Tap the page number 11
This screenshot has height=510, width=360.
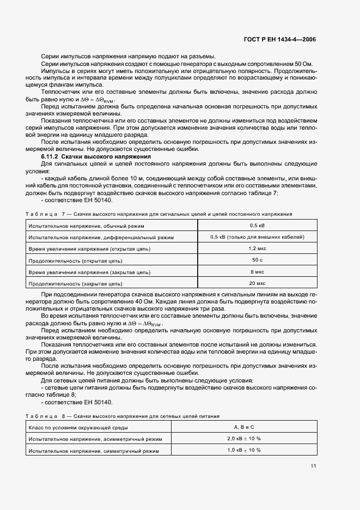(313, 466)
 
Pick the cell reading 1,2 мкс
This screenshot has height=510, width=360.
(257, 248)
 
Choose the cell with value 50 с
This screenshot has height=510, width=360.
(257, 260)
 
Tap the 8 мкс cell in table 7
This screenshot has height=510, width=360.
(257, 271)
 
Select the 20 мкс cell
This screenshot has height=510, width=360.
(257, 283)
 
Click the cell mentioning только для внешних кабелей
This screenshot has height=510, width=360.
(257, 237)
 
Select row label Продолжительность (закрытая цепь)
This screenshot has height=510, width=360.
(76, 284)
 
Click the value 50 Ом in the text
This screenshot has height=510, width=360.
(302, 64)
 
